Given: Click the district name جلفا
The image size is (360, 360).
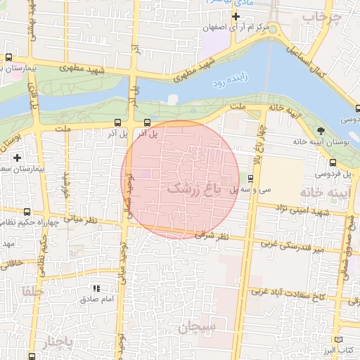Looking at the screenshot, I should (x=32, y=290).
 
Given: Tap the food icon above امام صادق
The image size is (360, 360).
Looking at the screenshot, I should (x=97, y=288).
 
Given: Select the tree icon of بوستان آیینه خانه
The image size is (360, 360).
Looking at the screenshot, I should (x=321, y=131).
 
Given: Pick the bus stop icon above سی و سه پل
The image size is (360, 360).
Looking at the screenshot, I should (x=251, y=178).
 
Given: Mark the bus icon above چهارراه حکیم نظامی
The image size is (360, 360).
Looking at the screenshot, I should (x=27, y=212).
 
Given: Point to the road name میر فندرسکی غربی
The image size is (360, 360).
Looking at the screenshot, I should (x=291, y=247).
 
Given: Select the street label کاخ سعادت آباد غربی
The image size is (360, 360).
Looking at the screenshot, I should (x=290, y=297).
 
